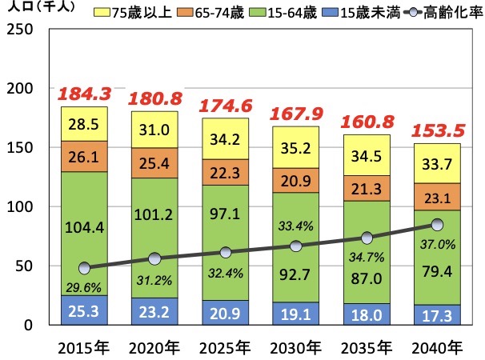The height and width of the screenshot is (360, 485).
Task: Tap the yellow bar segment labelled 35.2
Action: click(295, 147)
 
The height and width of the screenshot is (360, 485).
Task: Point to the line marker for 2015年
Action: click(85, 268)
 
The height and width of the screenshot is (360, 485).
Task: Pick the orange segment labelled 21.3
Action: click(365, 188)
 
